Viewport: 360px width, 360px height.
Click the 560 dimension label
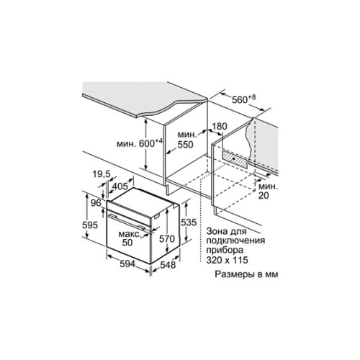tap(240, 99)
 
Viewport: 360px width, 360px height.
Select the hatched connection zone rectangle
tap(234, 158)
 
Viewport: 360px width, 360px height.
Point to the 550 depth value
tap(185, 145)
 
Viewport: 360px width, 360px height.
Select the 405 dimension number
tap(120, 186)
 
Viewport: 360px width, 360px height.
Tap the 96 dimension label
tap(96, 203)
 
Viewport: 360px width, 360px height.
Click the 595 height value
tap(90, 225)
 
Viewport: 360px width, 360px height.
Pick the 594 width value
tap(127, 264)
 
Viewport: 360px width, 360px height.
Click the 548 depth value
tap(168, 265)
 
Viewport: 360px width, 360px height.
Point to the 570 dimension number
tap(167, 239)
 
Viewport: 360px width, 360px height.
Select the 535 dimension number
tap(189, 222)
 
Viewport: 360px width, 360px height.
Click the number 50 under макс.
tap(127, 243)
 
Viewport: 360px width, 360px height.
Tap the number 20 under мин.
tap(264, 196)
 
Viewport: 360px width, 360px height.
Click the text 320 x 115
tap(227, 260)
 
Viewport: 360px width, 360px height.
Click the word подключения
tap(235, 241)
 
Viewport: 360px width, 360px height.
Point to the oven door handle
tap(125, 221)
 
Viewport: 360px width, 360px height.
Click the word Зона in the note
tap(216, 231)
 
